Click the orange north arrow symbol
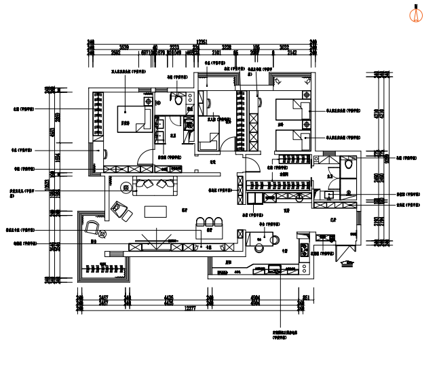416,14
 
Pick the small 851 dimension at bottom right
306,298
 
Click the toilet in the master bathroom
178,100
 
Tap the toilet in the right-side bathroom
348,163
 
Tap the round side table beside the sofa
126,187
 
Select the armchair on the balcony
92,227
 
